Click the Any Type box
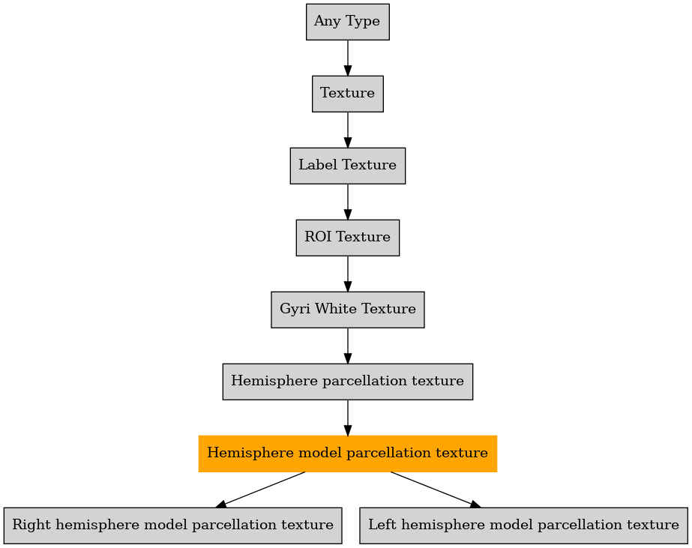point(348,22)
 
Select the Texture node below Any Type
point(348,94)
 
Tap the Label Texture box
point(348,166)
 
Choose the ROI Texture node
point(348,238)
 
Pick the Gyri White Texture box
point(348,310)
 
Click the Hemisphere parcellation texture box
point(348,382)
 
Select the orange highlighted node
point(348,454)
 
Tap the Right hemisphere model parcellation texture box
point(173,526)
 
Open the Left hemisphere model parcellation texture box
point(523,526)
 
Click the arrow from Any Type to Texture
point(348,58)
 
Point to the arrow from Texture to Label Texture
point(348,130)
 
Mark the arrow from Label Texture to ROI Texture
point(348,202)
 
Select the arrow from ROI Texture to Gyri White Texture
point(348,274)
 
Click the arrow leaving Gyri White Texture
point(348,346)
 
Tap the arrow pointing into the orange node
point(348,418)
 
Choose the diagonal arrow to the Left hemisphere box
point(436,490)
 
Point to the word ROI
point(318,237)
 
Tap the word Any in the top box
point(327,22)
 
